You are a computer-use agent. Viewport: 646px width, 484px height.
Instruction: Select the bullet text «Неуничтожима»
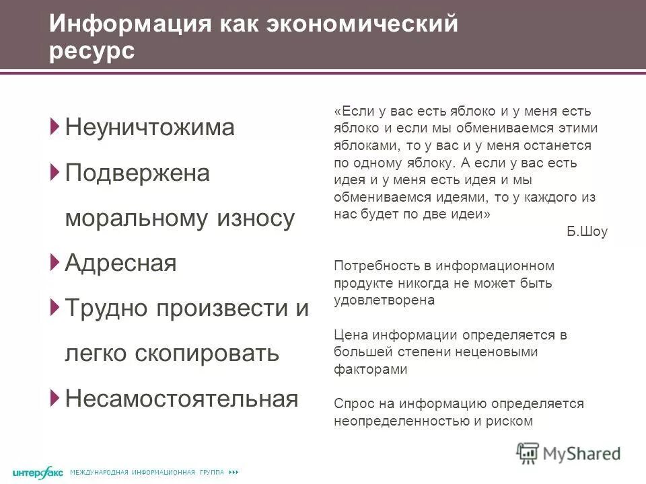pyautogui.click(x=149, y=128)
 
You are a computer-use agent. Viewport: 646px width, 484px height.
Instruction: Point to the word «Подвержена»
pyautogui.click(x=137, y=173)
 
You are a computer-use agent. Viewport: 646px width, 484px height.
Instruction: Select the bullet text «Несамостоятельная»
pyautogui.click(x=181, y=399)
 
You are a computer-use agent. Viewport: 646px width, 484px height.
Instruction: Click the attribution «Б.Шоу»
pyautogui.click(x=587, y=232)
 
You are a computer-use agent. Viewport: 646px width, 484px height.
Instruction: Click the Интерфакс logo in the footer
pyautogui.click(x=37, y=473)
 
